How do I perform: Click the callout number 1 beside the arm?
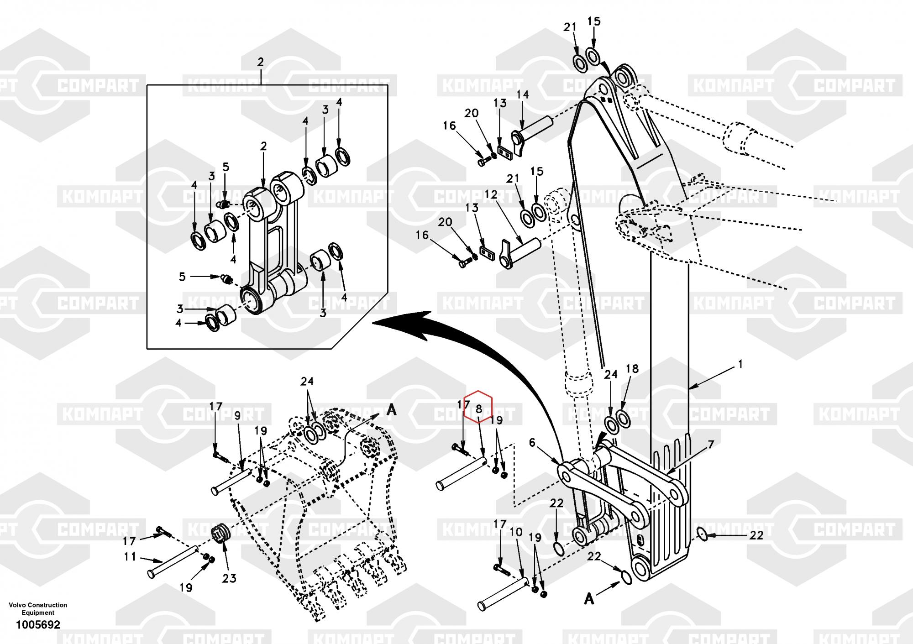tap(740, 364)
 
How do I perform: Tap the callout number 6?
tap(532, 442)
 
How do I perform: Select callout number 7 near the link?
tap(711, 445)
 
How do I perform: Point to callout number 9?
tap(237, 415)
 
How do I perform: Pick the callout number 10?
tap(516, 532)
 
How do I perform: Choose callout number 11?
tap(130, 556)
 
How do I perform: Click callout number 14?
tap(523, 94)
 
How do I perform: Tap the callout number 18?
tap(632, 369)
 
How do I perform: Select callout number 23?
tap(229, 578)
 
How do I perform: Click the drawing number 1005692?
tap(38, 625)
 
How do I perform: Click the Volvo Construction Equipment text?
tap(38, 609)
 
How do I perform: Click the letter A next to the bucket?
tap(391, 410)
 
